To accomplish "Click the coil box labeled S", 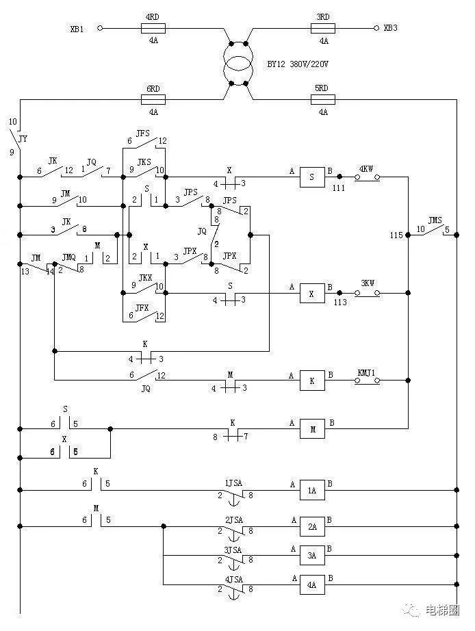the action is (312, 177).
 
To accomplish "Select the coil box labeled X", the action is (312, 294).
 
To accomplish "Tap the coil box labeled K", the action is (312, 381).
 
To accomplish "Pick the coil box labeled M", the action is (312, 429).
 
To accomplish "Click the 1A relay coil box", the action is (312, 490).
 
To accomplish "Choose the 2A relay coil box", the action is (312, 526).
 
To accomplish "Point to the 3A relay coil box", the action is (312, 555).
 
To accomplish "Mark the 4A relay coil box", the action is (312, 584).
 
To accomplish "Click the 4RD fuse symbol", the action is (153, 28).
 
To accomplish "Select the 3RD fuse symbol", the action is (323, 28).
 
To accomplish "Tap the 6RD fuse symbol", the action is (153, 99).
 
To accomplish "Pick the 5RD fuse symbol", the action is (323, 99).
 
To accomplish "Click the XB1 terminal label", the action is (77, 29).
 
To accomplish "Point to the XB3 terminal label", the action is (390, 28).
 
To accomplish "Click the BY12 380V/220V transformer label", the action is (298, 64).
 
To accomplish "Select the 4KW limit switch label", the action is (366, 169).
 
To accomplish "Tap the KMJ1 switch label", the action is (366, 373).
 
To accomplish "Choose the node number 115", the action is (396, 235).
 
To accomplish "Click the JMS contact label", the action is (435, 220).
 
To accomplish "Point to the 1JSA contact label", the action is (233, 483).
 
